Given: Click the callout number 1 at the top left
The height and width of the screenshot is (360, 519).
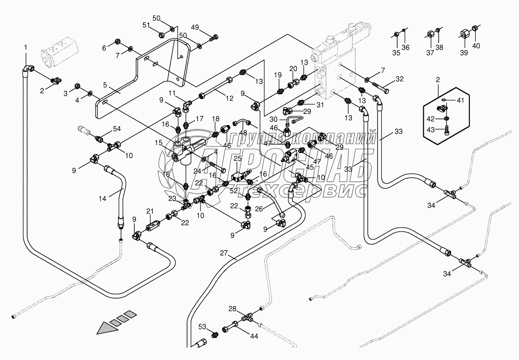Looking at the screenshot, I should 26,47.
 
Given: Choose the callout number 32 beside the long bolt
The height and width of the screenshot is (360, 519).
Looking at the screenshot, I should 399,79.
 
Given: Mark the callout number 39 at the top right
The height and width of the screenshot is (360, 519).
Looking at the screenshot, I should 464,53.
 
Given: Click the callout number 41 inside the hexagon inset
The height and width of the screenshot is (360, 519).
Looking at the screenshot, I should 461,100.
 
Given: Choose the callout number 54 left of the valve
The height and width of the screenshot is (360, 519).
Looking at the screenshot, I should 117,129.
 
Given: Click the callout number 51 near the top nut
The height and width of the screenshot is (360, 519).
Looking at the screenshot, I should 146,25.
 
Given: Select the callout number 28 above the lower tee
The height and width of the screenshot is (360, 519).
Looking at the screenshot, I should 232,309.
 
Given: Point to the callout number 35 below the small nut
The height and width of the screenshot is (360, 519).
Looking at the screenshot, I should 396,53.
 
